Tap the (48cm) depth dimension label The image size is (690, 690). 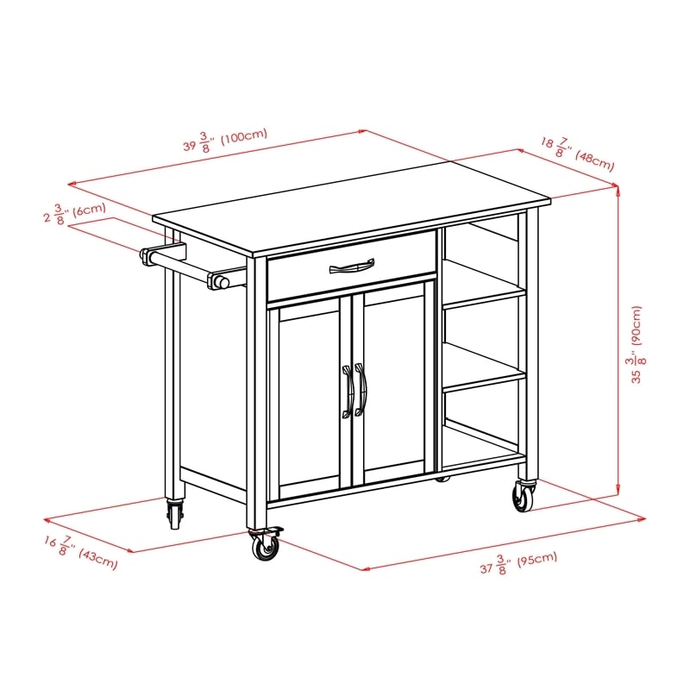(594, 160)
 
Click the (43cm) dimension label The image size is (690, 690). (98, 558)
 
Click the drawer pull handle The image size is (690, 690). (352, 266)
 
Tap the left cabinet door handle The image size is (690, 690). (348, 392)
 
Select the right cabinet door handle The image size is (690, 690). (361, 390)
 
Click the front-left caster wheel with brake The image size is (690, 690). (265, 546)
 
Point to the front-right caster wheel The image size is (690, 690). (524, 496)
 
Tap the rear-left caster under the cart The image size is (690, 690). (174, 515)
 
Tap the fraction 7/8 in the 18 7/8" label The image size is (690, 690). (561, 147)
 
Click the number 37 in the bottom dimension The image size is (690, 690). (486, 568)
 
